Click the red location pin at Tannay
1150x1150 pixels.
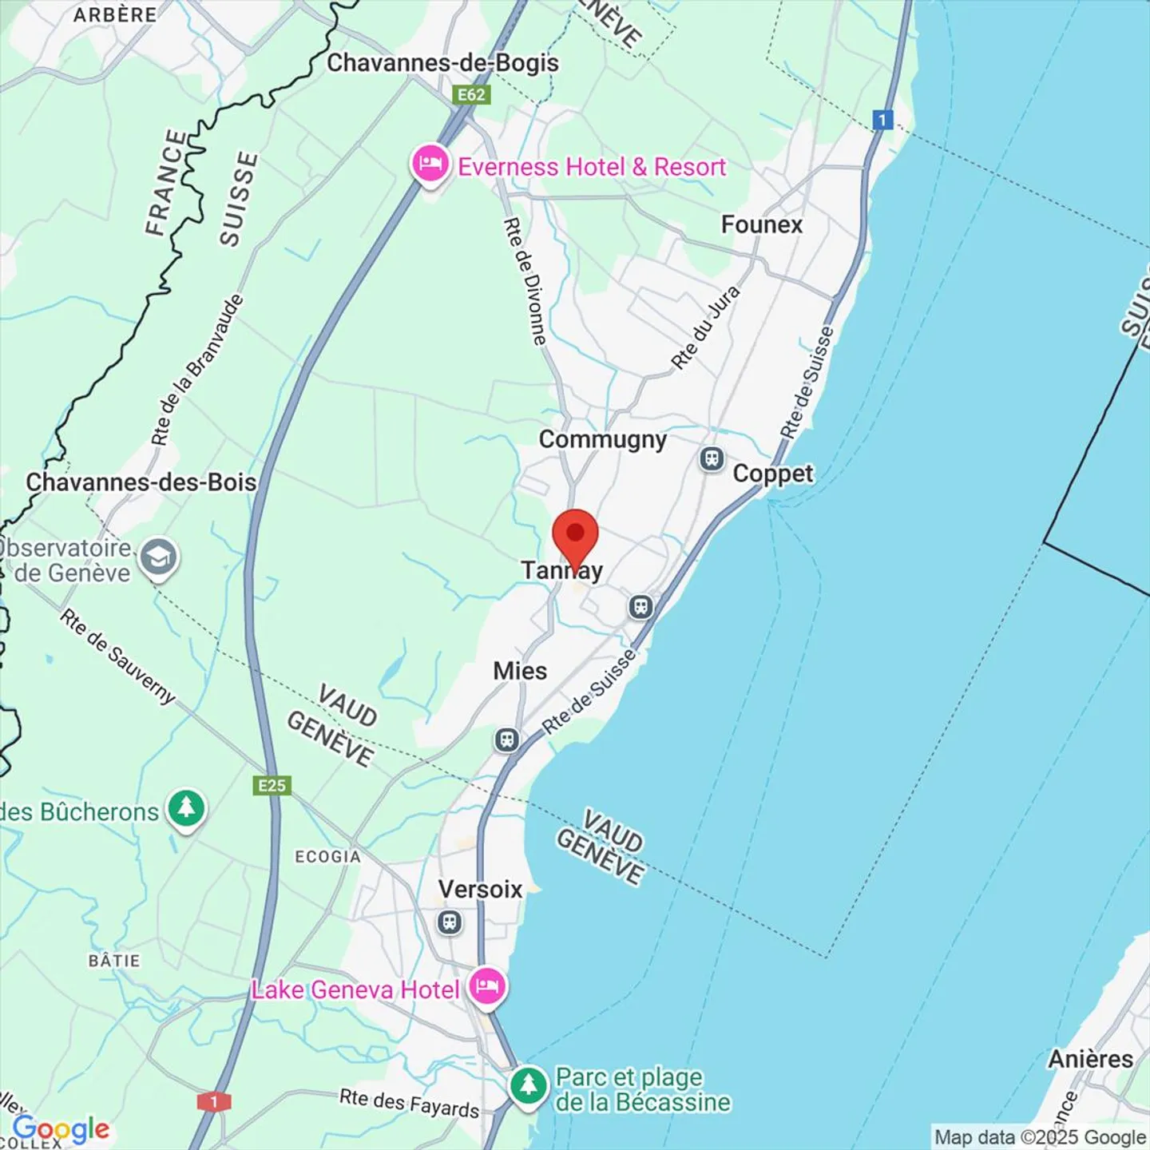point(575,534)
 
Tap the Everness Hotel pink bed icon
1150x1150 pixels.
point(430,165)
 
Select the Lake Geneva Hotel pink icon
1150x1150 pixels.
point(486,987)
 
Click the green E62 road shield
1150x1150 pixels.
point(471,95)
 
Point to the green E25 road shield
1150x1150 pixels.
point(272,786)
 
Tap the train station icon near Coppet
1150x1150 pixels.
point(712,459)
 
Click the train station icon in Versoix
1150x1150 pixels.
point(450,922)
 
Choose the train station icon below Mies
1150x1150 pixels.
point(506,740)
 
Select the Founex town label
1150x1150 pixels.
point(761,224)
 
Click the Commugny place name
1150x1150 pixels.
point(602,439)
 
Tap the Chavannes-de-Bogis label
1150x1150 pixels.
point(442,62)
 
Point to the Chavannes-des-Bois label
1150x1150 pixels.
point(141,482)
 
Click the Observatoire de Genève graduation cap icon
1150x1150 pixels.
point(158,557)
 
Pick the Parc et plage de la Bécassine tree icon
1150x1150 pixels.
point(528,1085)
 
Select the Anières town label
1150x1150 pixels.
point(1090,1059)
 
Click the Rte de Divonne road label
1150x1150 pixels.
point(525,281)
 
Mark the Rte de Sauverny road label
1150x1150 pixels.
point(117,656)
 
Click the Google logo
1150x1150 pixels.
point(61,1129)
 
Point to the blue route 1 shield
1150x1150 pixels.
point(882,120)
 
